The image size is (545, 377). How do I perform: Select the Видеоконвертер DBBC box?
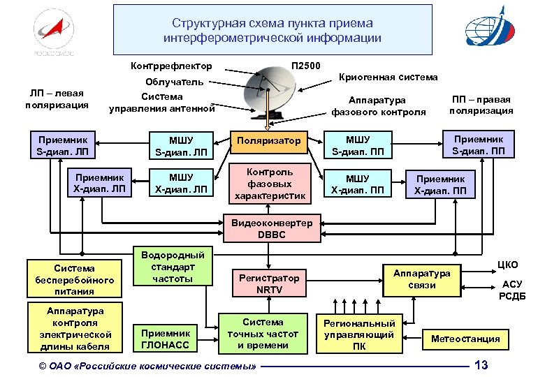pyautogui.click(x=272, y=228)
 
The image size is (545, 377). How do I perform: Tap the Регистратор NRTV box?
pyautogui.click(x=268, y=283)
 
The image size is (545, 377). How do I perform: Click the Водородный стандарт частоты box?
pyautogui.click(x=173, y=267)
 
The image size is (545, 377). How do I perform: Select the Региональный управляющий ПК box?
pyautogui.click(x=358, y=334)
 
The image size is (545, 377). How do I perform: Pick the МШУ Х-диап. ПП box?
pyautogui.click(x=358, y=184)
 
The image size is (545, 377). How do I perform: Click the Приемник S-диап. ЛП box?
pyautogui.click(x=64, y=145)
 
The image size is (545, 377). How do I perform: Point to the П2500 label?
pyautogui.click(x=306, y=66)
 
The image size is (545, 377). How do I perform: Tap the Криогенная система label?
pyautogui.click(x=388, y=77)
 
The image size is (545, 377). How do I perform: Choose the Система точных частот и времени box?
pyautogui.click(x=263, y=334)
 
